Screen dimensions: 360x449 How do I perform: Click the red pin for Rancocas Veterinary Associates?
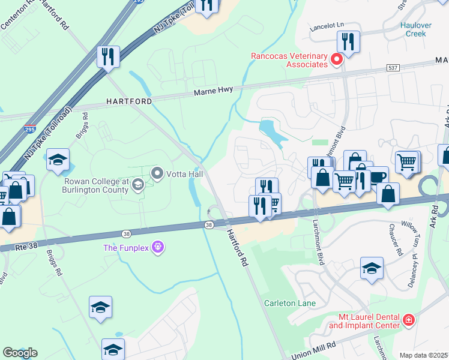click(x=337, y=59)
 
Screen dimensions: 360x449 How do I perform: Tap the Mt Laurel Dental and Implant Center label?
click(x=364, y=321)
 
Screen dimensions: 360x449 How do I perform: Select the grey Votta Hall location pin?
click(x=158, y=174)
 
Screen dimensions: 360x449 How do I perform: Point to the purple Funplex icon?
click(x=158, y=247)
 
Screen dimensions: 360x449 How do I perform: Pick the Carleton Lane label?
click(x=290, y=303)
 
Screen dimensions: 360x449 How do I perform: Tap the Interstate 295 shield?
click(x=29, y=129)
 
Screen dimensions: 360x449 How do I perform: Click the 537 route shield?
click(x=393, y=67)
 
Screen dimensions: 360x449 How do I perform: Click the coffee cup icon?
click(x=378, y=176)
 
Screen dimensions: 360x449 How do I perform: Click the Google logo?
click(x=20, y=353)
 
